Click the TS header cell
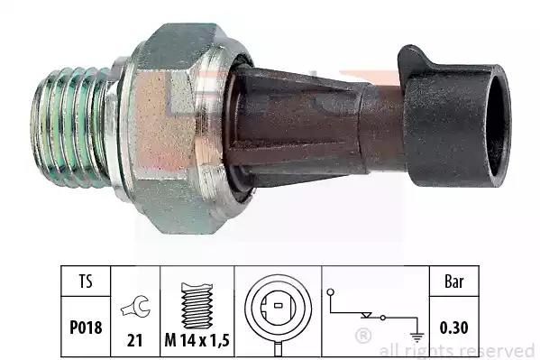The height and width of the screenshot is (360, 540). tap(86, 282)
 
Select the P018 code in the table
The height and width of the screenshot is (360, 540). tap(86, 328)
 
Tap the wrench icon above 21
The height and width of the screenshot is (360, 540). tap(135, 306)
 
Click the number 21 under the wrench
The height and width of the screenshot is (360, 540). tap(134, 341)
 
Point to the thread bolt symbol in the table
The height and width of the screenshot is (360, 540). tap(197, 306)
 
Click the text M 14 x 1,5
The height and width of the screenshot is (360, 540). tap(197, 341)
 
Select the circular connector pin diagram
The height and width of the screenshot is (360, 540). tap(279, 308)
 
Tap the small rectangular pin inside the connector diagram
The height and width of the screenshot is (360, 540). tap(279, 305)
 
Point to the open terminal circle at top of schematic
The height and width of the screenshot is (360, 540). tap(331, 292)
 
